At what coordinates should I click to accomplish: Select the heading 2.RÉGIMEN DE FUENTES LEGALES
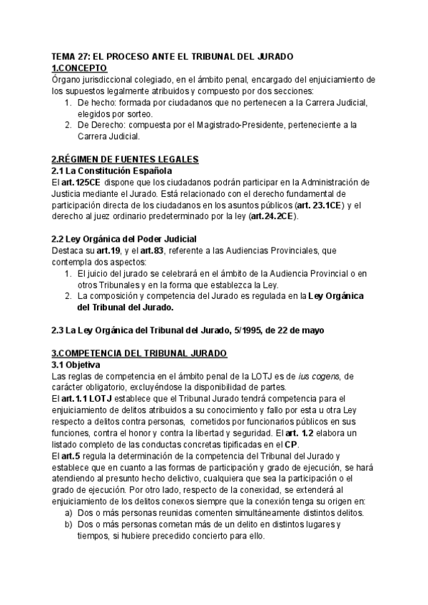(x=125, y=159)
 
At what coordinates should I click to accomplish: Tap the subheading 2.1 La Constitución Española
(x=111, y=171)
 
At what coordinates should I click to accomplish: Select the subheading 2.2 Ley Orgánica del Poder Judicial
(x=124, y=239)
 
